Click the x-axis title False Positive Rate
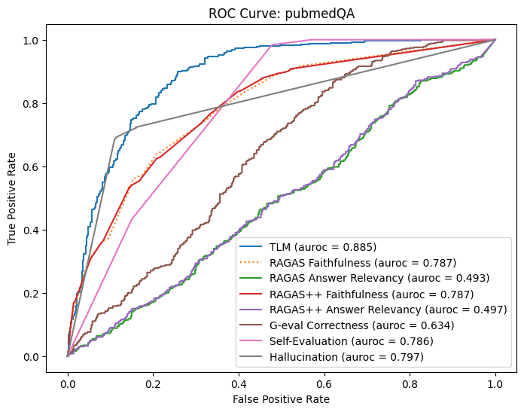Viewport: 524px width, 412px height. click(x=281, y=398)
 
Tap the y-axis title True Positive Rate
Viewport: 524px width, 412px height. click(x=13, y=198)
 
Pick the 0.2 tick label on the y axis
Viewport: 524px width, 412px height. click(x=42, y=293)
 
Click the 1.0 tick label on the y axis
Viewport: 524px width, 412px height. click(x=42, y=40)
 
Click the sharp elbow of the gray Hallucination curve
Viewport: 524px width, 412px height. click(x=114, y=139)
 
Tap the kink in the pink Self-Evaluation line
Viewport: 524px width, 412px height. click(x=132, y=219)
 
